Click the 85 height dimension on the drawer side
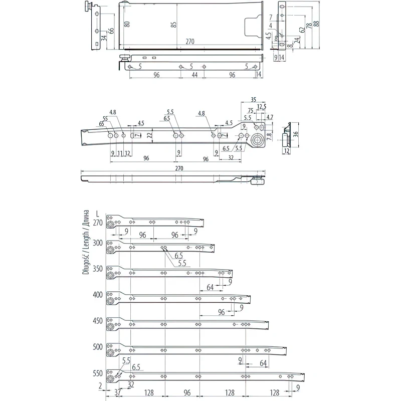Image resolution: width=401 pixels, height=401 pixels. (173, 25)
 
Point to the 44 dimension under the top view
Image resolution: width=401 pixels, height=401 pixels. (194, 75)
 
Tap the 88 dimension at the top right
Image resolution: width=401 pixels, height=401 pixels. (316, 25)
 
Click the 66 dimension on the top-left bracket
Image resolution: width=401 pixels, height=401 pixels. (111, 31)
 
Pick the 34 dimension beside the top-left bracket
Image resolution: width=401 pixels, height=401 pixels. (103, 38)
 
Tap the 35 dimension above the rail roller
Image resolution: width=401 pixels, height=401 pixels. (253, 99)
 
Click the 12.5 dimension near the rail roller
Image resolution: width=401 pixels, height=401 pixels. (261, 107)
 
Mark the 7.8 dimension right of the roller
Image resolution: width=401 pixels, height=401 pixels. (269, 136)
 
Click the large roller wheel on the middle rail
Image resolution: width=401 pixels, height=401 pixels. (259, 140)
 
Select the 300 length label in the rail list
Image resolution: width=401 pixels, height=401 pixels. (98, 243)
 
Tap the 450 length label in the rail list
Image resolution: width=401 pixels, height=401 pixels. (98, 321)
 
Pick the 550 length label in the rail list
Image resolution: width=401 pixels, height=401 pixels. (98, 373)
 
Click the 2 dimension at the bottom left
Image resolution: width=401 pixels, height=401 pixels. (101, 385)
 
